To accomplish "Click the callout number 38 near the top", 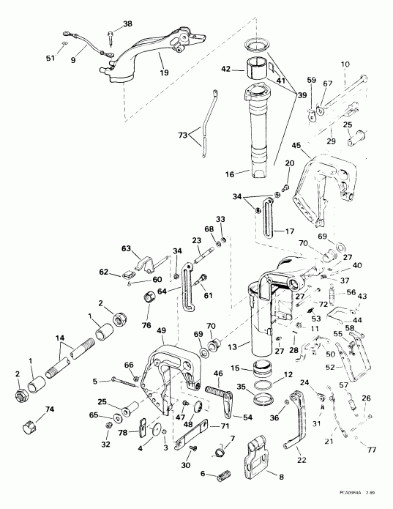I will tap(128, 24).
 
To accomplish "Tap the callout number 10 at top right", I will tap(366, 64).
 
